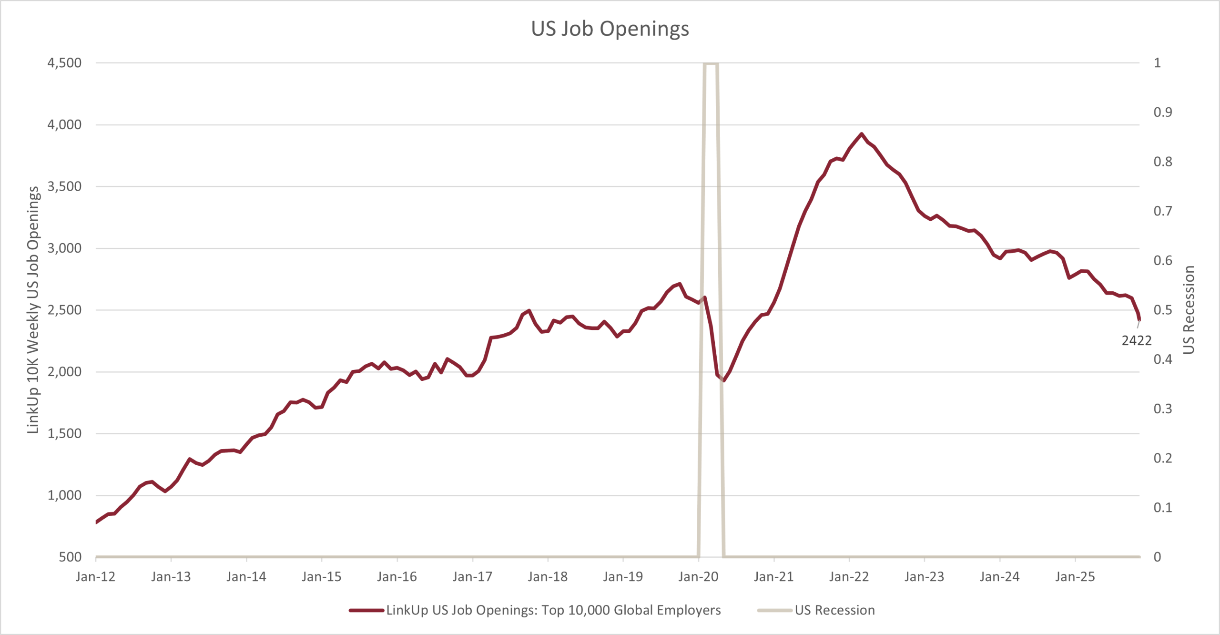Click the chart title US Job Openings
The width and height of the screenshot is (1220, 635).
(x=610, y=29)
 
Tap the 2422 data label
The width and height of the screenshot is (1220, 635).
(x=1136, y=340)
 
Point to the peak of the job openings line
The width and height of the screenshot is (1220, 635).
(x=861, y=134)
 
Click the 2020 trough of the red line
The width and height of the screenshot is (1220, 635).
(x=724, y=380)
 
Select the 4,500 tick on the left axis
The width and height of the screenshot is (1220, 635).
(x=64, y=63)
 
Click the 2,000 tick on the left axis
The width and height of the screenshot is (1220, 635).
(x=64, y=372)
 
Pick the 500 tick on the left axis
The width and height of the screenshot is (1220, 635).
(x=70, y=557)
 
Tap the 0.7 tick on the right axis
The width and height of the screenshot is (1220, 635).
(x=1162, y=211)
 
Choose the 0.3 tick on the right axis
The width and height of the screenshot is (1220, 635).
(x=1162, y=409)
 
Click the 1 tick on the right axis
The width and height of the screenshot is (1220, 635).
(x=1157, y=63)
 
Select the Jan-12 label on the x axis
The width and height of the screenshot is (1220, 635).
(x=95, y=577)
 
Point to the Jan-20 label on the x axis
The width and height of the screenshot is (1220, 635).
(x=698, y=577)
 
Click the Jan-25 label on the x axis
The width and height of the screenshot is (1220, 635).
(x=1075, y=577)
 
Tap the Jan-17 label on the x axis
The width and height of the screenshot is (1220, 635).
(x=472, y=577)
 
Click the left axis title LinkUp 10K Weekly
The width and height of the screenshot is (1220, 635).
(x=32, y=310)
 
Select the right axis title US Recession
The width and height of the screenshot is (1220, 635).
(x=1189, y=310)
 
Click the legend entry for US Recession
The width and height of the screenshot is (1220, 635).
(x=834, y=610)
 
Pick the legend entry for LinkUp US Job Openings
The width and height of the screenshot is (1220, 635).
(x=553, y=610)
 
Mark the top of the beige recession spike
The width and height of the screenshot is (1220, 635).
(x=711, y=63)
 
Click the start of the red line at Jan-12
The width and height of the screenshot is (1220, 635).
(x=96, y=522)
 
